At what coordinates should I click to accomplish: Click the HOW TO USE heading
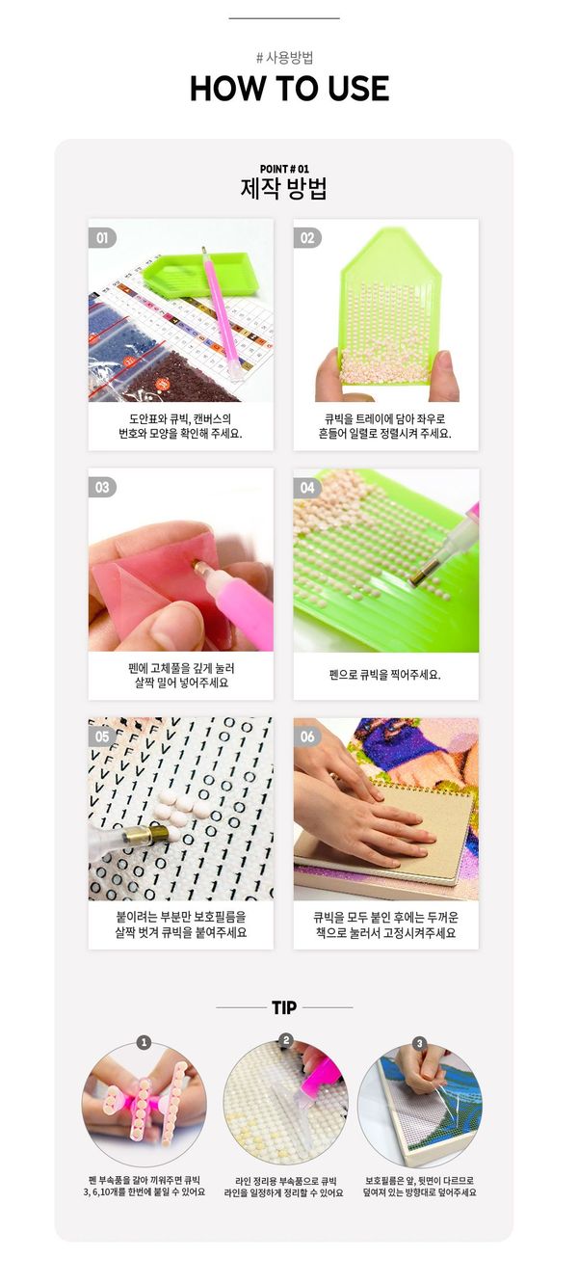(x=290, y=89)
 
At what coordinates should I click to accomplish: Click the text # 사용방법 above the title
(x=284, y=58)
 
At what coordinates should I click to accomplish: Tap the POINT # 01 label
(x=284, y=169)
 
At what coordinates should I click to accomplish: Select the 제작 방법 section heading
(x=284, y=188)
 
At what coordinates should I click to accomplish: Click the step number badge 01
(x=102, y=237)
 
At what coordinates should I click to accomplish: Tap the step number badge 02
(x=307, y=237)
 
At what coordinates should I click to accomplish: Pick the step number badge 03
(x=102, y=487)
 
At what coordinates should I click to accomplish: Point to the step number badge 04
(x=307, y=487)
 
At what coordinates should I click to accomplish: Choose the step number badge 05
(x=102, y=736)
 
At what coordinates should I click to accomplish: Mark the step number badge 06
(x=307, y=736)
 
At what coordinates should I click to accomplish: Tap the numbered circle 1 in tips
(x=144, y=1042)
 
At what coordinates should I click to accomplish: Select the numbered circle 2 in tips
(x=285, y=1040)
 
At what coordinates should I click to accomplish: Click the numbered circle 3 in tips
(x=419, y=1042)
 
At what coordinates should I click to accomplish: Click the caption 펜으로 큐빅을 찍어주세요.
(x=385, y=675)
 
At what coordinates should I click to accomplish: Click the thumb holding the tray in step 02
(x=447, y=376)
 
